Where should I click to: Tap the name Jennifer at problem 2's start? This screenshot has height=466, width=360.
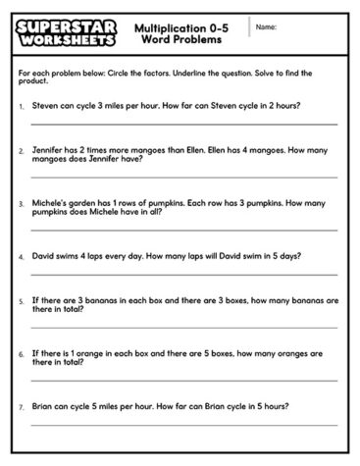49,151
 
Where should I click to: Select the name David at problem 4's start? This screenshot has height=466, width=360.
44,255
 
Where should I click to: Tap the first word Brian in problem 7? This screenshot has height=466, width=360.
43,403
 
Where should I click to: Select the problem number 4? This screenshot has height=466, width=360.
22,255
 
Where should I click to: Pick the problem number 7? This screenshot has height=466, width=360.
22,403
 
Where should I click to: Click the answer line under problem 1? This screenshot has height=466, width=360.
183,125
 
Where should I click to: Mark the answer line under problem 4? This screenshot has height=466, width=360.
183,275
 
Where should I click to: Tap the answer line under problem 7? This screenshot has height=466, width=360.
183,425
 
